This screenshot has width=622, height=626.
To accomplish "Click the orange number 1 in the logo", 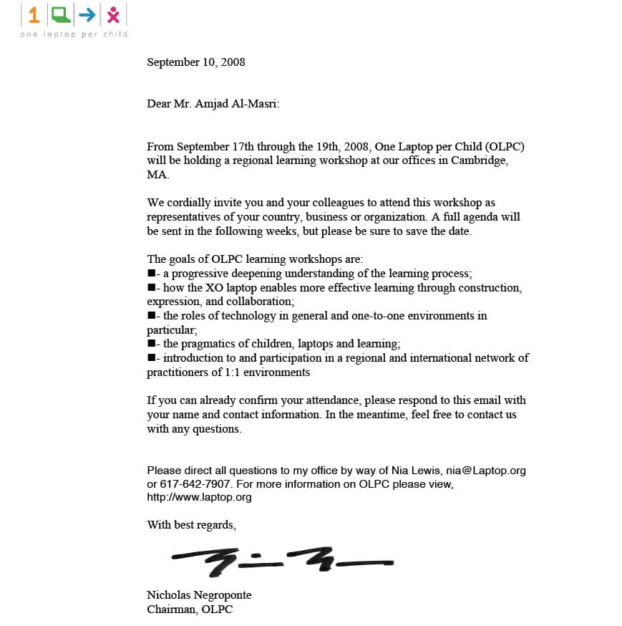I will [x=34, y=15].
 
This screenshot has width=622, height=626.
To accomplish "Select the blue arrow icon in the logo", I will [x=87, y=14].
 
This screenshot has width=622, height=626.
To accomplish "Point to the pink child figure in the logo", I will [x=113, y=15].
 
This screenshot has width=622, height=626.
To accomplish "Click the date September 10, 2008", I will [x=196, y=62].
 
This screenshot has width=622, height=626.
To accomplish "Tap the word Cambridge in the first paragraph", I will [x=480, y=160].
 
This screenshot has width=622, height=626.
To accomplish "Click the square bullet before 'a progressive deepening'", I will [x=151, y=274].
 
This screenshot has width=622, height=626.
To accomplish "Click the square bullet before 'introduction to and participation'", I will [x=151, y=357].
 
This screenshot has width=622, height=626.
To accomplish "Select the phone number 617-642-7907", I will [x=185, y=484].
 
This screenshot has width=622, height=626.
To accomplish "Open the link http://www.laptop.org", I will [x=199, y=497].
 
